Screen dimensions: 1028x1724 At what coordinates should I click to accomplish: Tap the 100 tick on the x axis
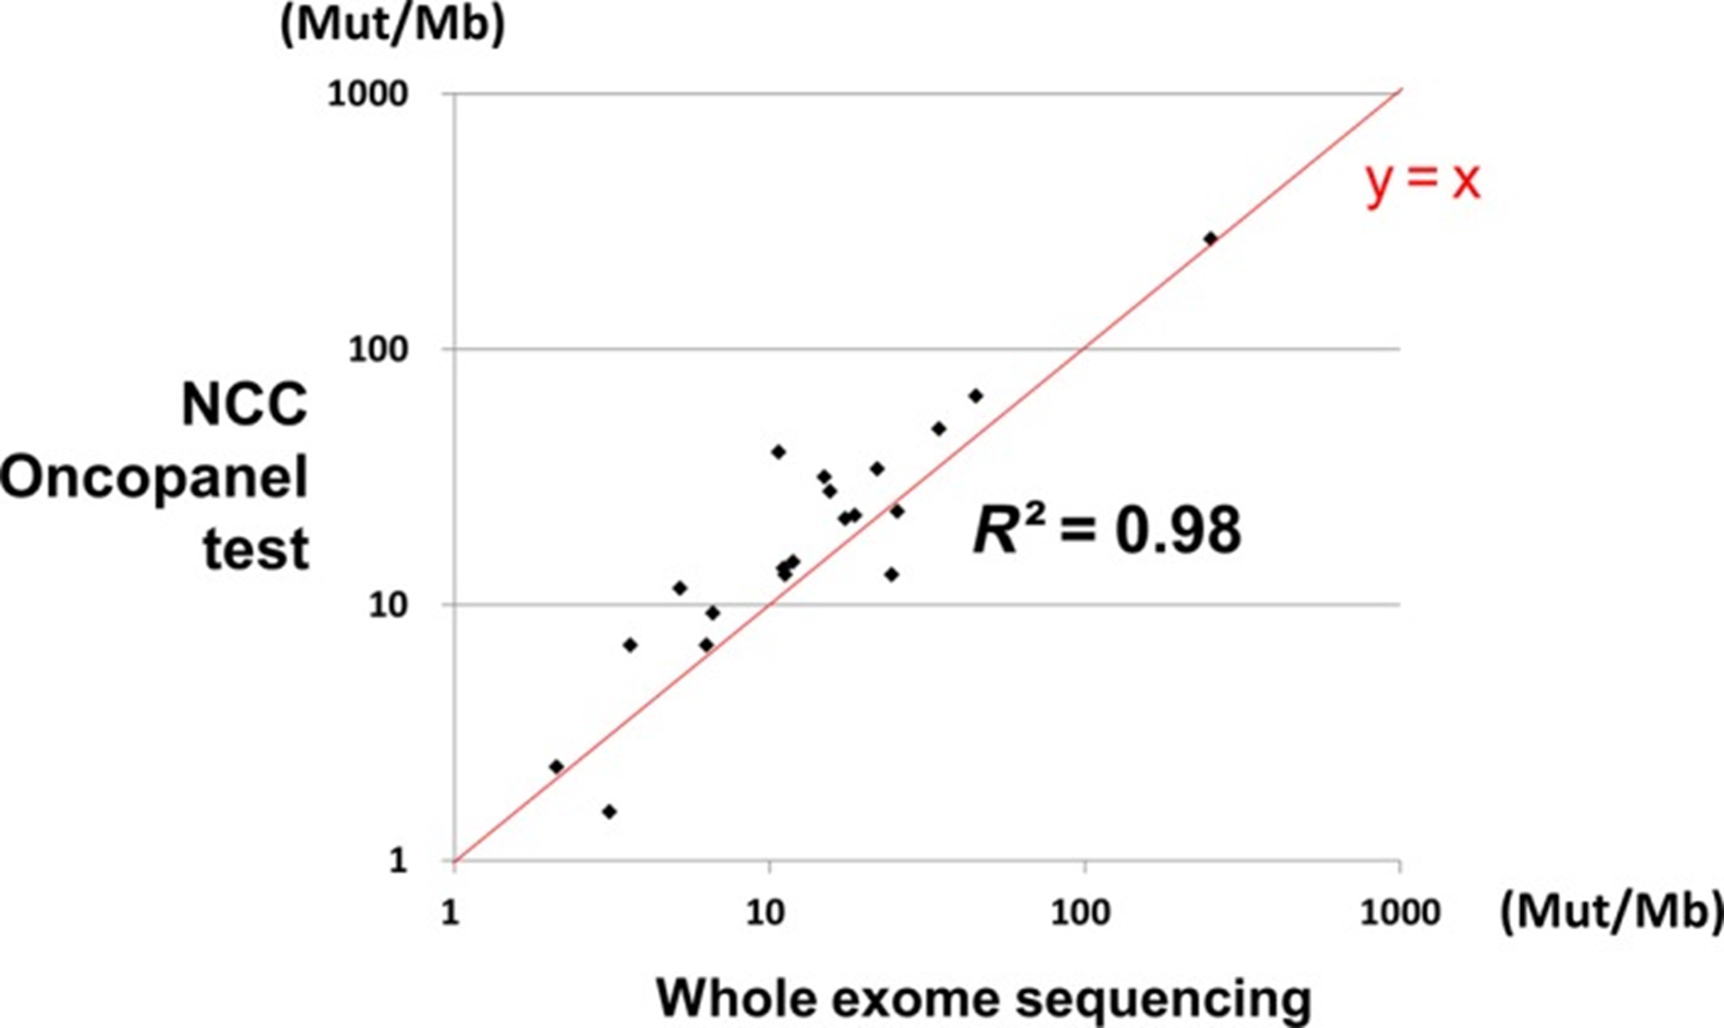[x=1081, y=913]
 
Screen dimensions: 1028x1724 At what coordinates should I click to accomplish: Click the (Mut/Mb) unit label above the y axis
[x=392, y=26]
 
